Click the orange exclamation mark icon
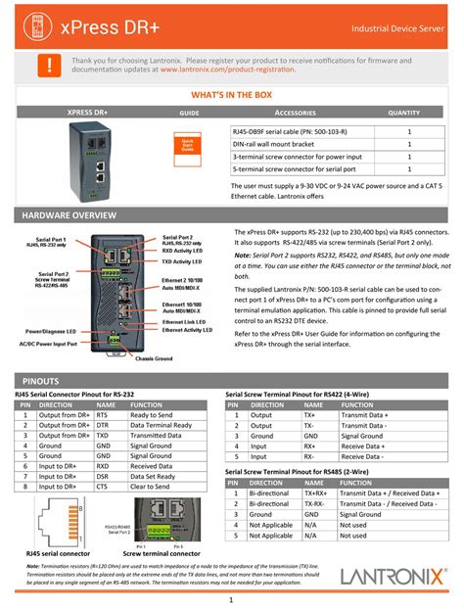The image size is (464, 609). tap(42, 66)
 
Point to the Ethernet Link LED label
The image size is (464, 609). tap(183, 321)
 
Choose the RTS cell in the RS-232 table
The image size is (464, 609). tap(104, 415)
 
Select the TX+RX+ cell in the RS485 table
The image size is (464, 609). tap(315, 493)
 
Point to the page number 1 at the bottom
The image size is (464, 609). tap(231, 598)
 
